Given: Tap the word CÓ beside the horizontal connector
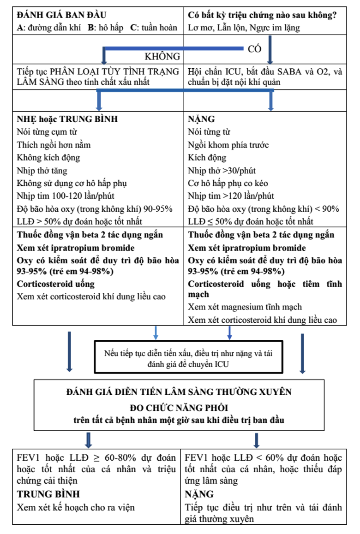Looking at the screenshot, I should pos(255,49).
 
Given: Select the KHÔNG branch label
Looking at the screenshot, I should pos(162,57).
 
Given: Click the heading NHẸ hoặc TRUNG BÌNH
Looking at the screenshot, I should pos(67,119).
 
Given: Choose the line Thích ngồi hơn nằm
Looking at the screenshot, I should pos(54,145).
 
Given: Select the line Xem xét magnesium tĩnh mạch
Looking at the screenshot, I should pos(245,307).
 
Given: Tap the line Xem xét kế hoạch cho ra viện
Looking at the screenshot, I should pos(76,508).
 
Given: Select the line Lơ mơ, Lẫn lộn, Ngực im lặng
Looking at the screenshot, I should pos(244,28).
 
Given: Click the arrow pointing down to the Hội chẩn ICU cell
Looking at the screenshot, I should pos(271,51).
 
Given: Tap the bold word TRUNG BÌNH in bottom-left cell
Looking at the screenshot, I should pos(48,494).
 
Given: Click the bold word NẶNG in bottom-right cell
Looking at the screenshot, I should pos(199,494).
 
